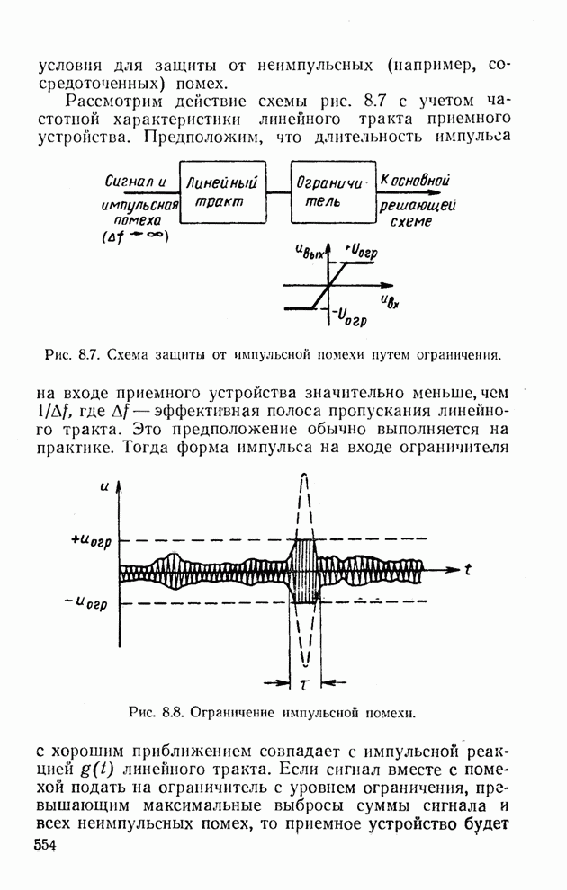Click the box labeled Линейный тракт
tap(224, 192)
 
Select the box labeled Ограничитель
tap(331, 192)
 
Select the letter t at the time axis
tap(469, 568)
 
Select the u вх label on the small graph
tap(390, 299)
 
